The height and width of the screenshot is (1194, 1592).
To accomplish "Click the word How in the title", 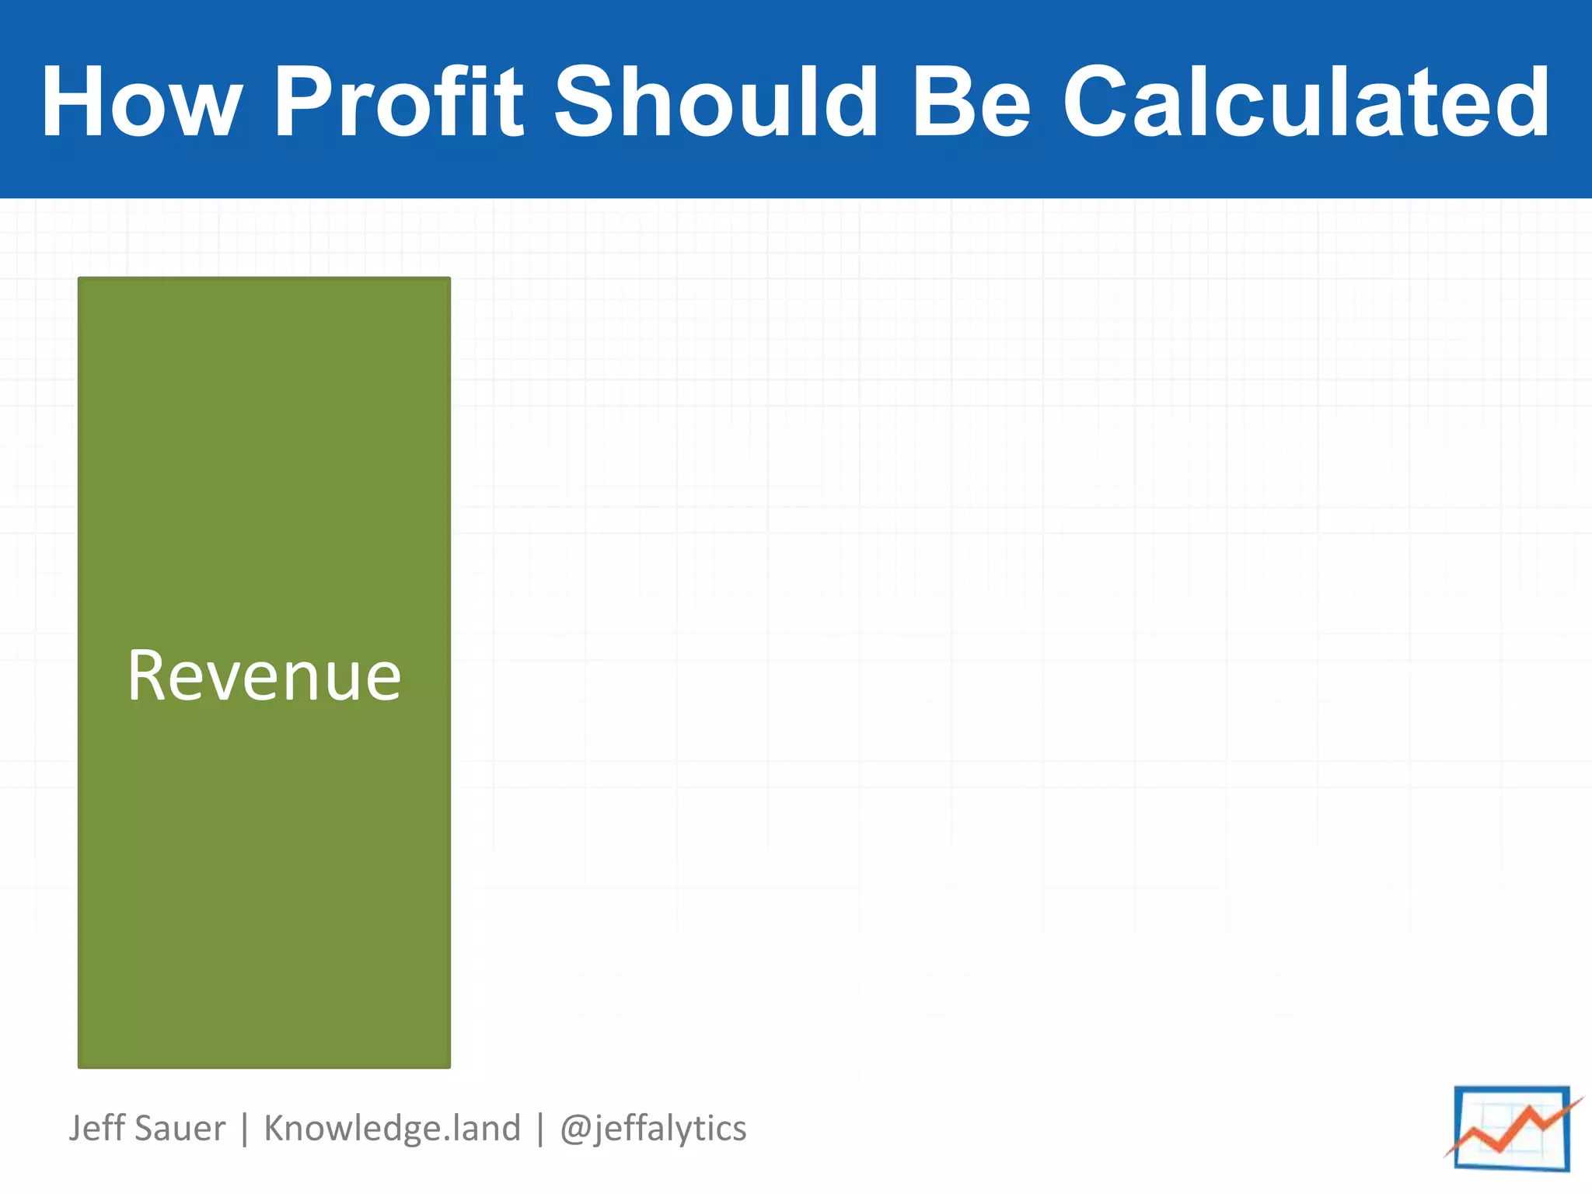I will click(141, 102).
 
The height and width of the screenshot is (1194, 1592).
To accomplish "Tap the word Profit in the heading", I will click(399, 102).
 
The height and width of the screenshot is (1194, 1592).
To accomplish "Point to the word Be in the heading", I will click(971, 102).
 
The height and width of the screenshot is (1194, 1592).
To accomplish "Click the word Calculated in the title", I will click(1306, 102).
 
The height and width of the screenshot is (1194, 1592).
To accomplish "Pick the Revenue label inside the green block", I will click(264, 676).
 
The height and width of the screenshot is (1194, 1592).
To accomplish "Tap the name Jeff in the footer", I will click(93, 1128).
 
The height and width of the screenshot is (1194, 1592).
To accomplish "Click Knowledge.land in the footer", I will click(392, 1128).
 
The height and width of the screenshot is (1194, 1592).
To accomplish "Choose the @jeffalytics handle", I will click(653, 1128).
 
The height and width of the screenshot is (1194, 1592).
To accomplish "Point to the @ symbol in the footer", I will click(575, 1129).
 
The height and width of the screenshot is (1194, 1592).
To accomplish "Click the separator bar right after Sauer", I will click(245, 1129).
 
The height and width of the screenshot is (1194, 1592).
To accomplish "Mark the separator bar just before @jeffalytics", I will click(539, 1129).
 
